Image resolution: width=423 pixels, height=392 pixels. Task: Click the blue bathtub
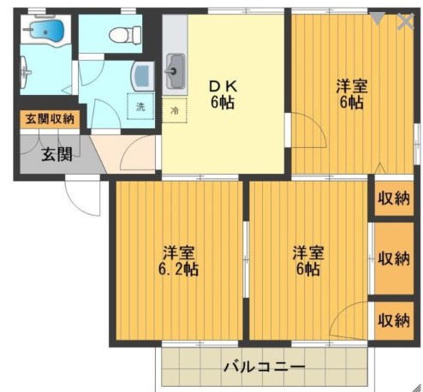43,33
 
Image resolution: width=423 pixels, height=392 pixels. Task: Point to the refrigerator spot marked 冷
175,110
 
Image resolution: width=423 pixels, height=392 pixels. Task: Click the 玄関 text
57,155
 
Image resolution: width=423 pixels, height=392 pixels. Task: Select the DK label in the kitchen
224,86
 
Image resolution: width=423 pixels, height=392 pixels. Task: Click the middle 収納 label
393,258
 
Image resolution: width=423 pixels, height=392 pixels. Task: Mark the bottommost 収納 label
393,320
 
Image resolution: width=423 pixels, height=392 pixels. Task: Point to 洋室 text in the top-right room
351,86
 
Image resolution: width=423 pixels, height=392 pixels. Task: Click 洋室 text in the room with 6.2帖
180,252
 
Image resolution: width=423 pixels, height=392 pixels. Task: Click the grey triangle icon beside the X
378,17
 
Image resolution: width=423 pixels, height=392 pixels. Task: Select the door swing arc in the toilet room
92,65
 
